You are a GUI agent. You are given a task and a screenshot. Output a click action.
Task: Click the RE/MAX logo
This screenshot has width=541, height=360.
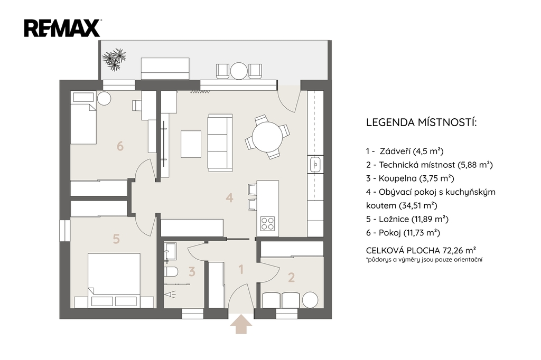(x=62, y=28)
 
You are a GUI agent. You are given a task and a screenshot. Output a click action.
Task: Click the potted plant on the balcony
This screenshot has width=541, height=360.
(x=114, y=59)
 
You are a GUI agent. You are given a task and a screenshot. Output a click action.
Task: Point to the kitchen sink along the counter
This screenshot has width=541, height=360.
(x=315, y=164)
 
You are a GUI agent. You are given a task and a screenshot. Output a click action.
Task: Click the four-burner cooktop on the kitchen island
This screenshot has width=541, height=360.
(x=268, y=223)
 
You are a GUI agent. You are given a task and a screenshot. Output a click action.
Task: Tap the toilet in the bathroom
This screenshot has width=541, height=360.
(x=171, y=271)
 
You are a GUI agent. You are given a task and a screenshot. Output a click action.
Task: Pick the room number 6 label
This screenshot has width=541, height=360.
(x=120, y=146)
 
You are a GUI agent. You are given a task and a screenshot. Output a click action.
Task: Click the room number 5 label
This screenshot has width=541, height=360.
(x=116, y=239)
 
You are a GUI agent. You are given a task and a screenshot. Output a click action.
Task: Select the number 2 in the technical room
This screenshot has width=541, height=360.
(x=291, y=277)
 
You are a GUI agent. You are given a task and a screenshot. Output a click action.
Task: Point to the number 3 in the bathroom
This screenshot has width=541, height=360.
(x=192, y=271)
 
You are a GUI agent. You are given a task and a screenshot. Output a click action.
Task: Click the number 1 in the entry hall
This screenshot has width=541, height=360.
(x=241, y=269)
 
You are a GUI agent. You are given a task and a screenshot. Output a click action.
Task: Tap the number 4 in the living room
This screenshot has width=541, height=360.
(x=229, y=197)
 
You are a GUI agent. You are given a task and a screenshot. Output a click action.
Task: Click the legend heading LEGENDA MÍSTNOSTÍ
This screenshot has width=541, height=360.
(x=421, y=122)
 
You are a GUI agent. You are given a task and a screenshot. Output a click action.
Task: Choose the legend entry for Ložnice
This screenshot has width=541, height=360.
(x=407, y=219)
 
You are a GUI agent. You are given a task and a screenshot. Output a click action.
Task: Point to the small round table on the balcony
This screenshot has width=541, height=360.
(x=239, y=71)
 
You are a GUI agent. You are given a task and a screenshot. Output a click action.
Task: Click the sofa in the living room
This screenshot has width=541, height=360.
(x=220, y=143)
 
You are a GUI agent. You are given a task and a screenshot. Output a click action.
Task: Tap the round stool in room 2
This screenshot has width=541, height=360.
(x=310, y=300)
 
